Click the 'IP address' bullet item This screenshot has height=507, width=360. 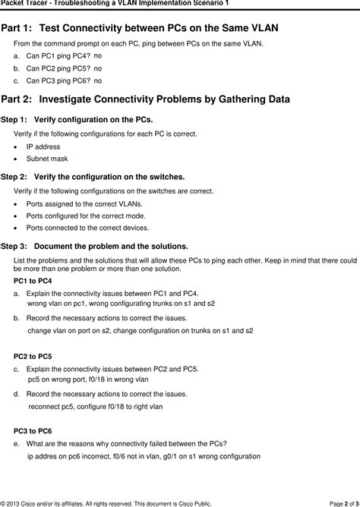coord(43,146)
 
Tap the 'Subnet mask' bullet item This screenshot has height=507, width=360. coord(47,159)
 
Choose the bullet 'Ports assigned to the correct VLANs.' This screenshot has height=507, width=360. coord(84,204)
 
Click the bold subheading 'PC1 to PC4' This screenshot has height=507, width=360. coord(33,281)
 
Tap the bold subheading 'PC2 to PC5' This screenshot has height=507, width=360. coord(33,356)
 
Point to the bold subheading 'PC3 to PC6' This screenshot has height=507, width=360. coord(33,430)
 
